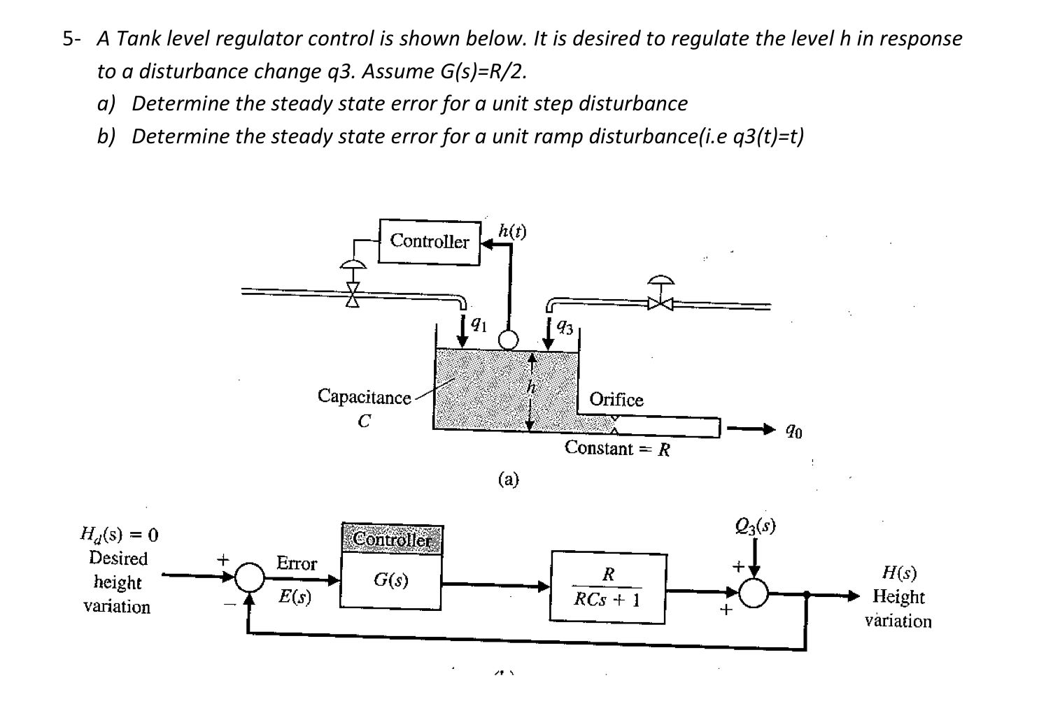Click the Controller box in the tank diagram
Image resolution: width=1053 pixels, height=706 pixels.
click(x=430, y=242)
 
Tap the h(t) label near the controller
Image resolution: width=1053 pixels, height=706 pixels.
click(x=512, y=231)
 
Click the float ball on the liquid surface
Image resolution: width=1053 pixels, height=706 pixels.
click(x=508, y=340)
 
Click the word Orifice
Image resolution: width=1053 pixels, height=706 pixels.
click(x=616, y=400)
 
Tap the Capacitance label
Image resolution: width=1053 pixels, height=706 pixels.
click(x=364, y=397)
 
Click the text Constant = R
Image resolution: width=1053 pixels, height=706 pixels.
click(x=617, y=449)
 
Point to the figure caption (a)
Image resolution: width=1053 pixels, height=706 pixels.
click(x=508, y=479)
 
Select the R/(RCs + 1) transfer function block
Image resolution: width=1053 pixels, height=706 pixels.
click(x=607, y=587)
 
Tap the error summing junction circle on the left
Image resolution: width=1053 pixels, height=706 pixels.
click(x=249, y=577)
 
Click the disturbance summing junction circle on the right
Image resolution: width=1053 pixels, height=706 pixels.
click(x=754, y=593)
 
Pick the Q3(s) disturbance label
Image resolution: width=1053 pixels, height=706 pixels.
click(x=756, y=526)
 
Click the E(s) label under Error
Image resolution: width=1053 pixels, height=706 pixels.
click(x=295, y=597)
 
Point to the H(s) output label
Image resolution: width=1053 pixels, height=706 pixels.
click(x=899, y=573)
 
